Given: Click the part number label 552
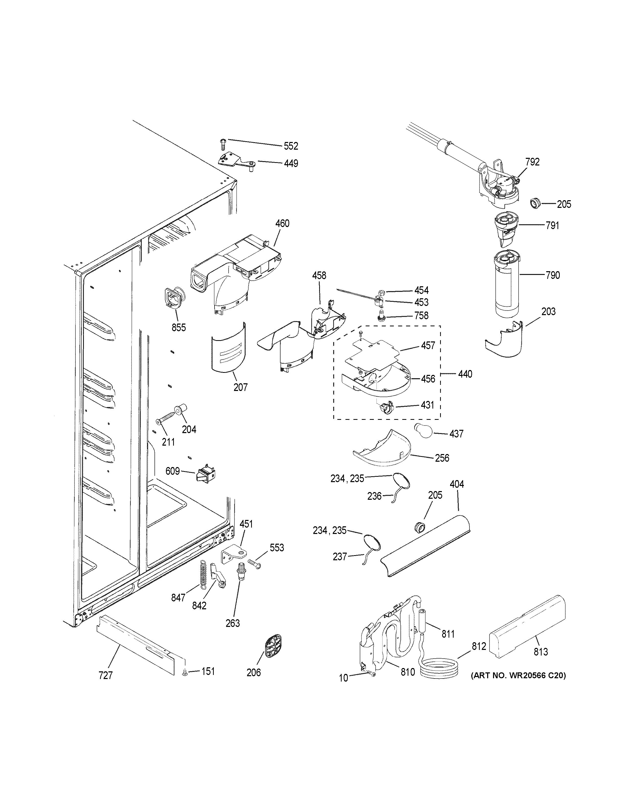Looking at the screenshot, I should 291,146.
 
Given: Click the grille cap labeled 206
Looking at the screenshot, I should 273,648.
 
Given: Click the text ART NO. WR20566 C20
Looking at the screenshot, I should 518,676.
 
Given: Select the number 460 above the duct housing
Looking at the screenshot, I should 282,224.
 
